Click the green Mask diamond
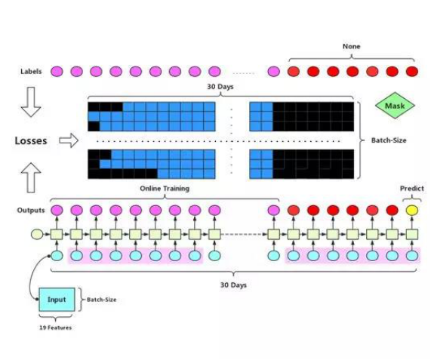coord(395,106)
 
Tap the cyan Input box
coord(57,300)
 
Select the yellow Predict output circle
coord(412,211)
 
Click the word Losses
coord(31,140)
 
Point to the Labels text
coord(31,72)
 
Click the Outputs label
coord(31,211)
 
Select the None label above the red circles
coord(351,47)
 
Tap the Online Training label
coord(165,189)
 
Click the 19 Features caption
coord(56,328)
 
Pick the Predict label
coord(412,189)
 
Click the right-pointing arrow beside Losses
coord(69,140)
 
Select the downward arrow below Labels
coord(31,102)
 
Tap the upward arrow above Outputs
coord(31,177)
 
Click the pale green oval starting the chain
coord(37,235)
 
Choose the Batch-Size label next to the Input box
coord(101,300)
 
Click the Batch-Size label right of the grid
coord(389,140)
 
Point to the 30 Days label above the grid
coord(220,87)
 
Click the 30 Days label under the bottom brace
coord(233,285)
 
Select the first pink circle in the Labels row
coord(57,72)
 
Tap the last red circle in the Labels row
coord(412,72)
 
